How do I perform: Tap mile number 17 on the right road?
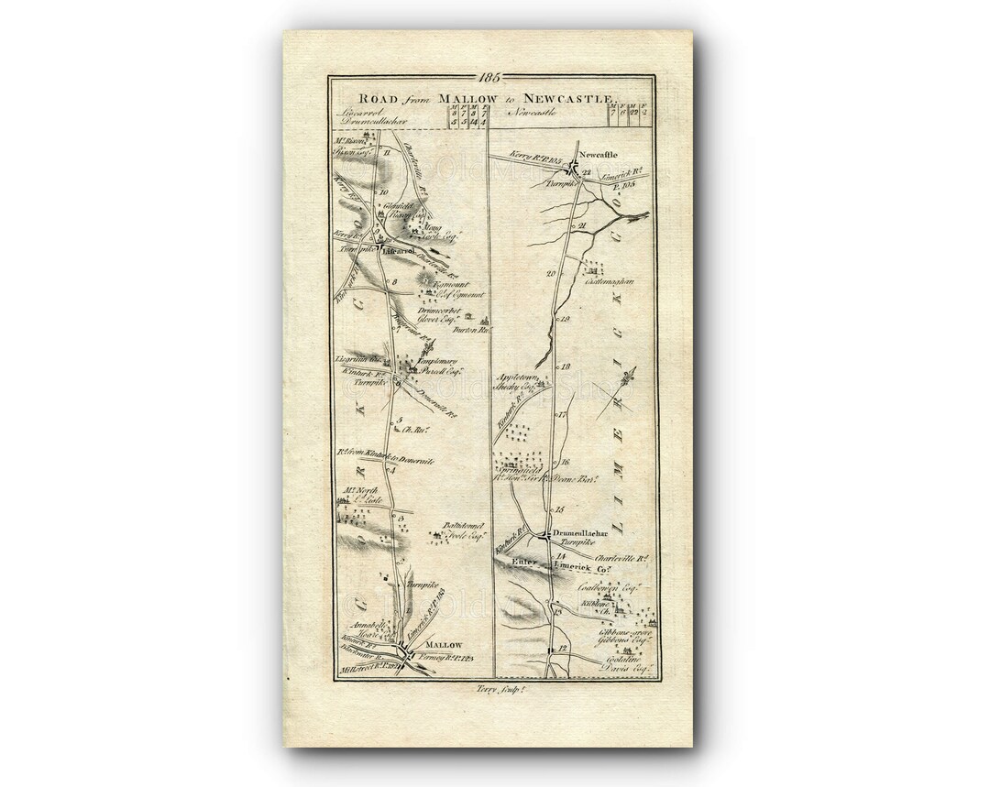tap(563, 415)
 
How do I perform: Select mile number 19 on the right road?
tap(565, 318)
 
